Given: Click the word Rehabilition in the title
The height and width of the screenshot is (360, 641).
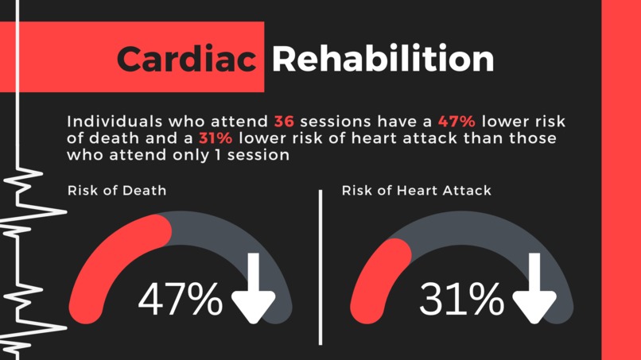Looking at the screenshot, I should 382,59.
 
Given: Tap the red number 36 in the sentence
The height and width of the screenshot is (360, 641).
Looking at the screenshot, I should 284,122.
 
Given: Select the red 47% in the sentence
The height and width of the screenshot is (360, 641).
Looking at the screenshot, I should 456,122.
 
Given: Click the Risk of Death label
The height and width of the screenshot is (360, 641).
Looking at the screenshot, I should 117,191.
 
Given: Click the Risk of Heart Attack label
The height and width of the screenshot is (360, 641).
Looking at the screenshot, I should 416,191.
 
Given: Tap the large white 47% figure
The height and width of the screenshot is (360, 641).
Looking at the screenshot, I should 181,300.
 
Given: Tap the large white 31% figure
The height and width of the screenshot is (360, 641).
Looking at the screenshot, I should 461,300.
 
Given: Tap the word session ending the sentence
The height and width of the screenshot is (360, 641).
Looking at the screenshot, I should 260,156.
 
